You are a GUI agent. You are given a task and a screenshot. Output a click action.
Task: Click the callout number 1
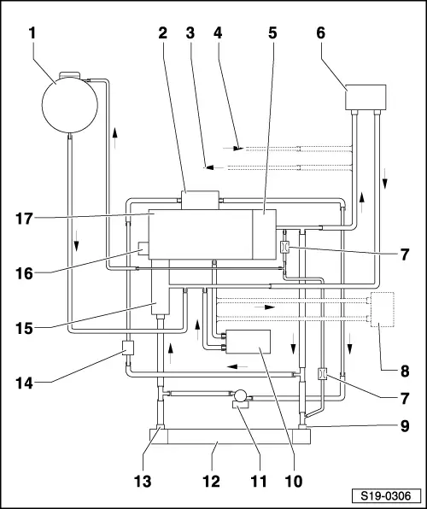click(x=32, y=33)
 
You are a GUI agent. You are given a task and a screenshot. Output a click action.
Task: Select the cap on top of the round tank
click(x=69, y=75)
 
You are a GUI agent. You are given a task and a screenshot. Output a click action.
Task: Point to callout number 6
click(x=320, y=33)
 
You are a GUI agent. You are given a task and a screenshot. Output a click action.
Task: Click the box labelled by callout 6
click(x=366, y=97)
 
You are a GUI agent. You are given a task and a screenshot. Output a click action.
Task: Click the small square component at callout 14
click(x=128, y=348)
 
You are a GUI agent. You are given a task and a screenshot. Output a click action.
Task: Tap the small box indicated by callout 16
click(x=143, y=249)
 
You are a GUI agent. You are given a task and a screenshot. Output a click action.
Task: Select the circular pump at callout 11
click(x=240, y=396)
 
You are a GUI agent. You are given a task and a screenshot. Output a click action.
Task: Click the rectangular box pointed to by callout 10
click(x=248, y=342)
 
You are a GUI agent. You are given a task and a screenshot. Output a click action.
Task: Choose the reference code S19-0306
click(x=386, y=496)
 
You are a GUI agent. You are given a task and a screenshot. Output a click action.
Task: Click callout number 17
click(x=25, y=219)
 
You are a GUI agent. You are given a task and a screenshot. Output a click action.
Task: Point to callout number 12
click(x=212, y=481)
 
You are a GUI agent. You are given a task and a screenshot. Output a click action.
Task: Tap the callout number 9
click(x=405, y=426)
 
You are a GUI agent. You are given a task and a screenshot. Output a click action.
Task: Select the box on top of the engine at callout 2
click(x=201, y=200)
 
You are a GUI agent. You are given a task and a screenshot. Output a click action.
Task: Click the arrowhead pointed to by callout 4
click(x=239, y=149)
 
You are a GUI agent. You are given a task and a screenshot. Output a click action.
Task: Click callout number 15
click(x=25, y=329)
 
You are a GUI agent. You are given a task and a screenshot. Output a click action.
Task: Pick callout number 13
click(x=143, y=481)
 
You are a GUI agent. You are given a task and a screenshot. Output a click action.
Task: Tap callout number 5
click(x=272, y=33)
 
